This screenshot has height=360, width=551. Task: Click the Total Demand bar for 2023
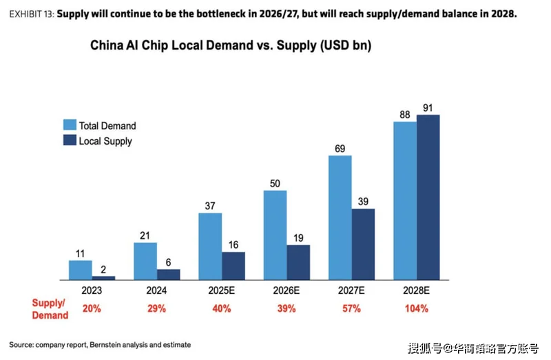(x=80, y=270)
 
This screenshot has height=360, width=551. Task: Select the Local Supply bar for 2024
(x=168, y=274)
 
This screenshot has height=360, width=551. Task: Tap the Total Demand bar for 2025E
(x=210, y=246)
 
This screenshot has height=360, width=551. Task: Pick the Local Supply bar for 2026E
(x=298, y=262)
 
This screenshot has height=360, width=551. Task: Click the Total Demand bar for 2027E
(x=340, y=218)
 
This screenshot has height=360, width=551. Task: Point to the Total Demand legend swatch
(x=70, y=125)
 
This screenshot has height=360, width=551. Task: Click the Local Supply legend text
(x=105, y=141)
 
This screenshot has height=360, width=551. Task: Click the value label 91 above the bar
(x=428, y=107)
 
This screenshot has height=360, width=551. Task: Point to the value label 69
(x=340, y=148)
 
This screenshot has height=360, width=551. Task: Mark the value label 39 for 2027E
(x=363, y=201)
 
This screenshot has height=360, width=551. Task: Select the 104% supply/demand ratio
(x=417, y=308)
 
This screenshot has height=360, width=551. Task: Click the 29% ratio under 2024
(x=156, y=308)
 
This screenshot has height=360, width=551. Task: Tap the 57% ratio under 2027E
(x=351, y=308)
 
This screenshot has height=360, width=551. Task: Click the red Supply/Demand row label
(x=50, y=309)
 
